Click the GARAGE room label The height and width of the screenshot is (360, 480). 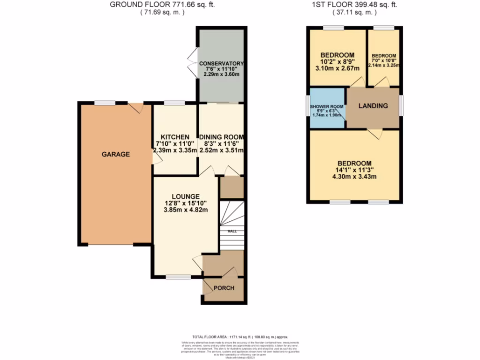pyautogui.click(x=116, y=154)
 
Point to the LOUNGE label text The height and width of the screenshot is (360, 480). pyautogui.click(x=186, y=196)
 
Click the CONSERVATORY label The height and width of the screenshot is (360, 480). pyautogui.click(x=221, y=63)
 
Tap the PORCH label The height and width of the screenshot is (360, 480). pyautogui.click(x=224, y=287)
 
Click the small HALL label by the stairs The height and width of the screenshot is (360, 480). pyautogui.click(x=232, y=231)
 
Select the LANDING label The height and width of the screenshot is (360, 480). pyautogui.click(x=373, y=105)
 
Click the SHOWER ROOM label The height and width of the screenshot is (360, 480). pyautogui.click(x=327, y=106)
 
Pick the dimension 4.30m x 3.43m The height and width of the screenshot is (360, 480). pyautogui.click(x=354, y=177)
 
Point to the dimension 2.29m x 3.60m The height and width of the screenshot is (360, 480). pyautogui.click(x=221, y=75)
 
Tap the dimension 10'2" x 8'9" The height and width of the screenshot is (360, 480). pyautogui.click(x=337, y=61)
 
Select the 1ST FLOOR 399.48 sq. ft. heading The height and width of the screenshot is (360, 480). pyautogui.click(x=354, y=5)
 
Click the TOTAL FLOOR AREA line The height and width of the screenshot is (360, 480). pyautogui.click(x=240, y=337)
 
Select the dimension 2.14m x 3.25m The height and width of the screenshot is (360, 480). pyautogui.click(x=384, y=65)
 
